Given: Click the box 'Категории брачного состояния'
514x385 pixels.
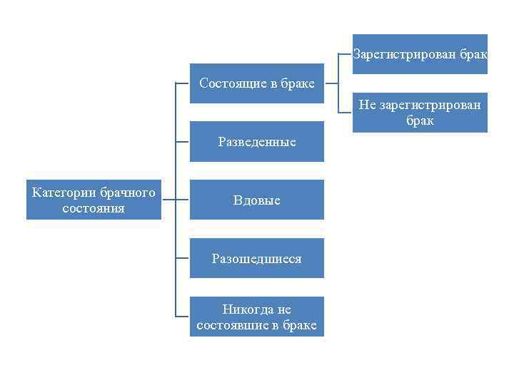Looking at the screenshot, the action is (94, 200).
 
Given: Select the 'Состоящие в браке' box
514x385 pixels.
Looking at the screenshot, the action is (256, 83).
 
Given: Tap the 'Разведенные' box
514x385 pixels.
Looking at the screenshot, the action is (256, 142).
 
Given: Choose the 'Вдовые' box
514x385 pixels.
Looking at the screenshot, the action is (256, 200).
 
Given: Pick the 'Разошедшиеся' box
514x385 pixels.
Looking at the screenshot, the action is (256, 258).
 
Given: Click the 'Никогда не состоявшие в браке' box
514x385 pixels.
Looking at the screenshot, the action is (256, 317).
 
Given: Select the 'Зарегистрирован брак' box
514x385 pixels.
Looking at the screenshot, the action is (420, 54).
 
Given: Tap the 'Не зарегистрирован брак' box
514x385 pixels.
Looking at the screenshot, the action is (420, 113).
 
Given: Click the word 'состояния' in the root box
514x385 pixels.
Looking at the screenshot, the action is (94, 208).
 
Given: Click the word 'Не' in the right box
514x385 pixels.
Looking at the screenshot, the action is (366, 106).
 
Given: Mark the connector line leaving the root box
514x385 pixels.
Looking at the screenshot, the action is (168, 200).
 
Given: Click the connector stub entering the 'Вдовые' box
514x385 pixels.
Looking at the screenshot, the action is (183, 200).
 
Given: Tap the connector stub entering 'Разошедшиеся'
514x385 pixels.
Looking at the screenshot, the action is (183, 258).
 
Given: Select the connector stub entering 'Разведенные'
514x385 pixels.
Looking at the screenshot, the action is (183, 142).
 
